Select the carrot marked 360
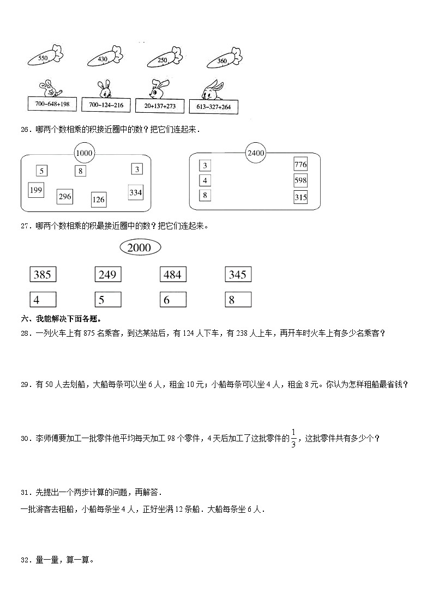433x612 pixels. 223,60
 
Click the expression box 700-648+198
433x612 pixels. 53,104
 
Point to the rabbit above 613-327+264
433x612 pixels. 213,90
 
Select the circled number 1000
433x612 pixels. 84,154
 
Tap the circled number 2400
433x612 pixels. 255,153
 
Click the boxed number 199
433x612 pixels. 36,190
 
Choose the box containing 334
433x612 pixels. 135,192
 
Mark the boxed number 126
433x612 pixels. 98,199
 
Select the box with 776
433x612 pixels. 300,165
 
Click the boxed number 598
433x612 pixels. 300,180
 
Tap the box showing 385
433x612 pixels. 43,275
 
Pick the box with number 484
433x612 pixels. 172,275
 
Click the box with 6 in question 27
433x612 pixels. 172,299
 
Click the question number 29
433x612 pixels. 25,385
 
